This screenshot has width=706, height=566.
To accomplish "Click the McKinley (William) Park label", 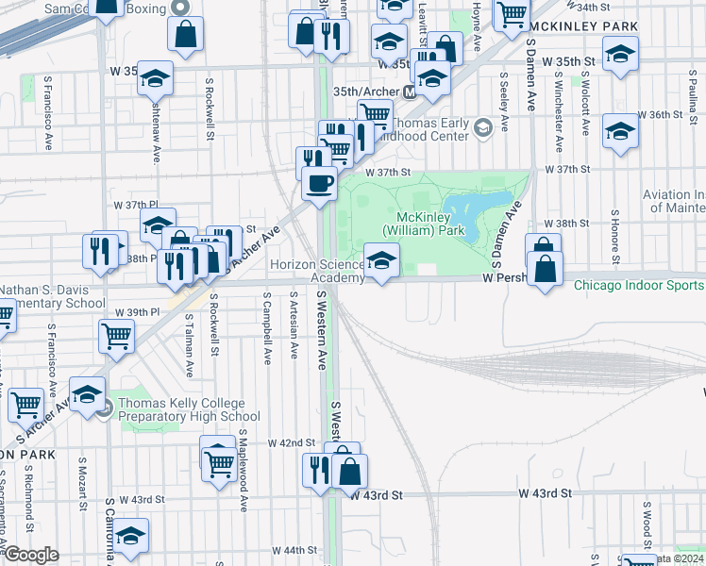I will click(x=424, y=223).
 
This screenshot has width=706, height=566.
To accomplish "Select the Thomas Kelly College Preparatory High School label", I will click(x=189, y=410).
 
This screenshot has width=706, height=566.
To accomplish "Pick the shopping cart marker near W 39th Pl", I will click(x=116, y=336).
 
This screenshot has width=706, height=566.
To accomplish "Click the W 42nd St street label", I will click(x=291, y=442).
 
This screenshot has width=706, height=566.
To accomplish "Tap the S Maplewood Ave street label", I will click(x=243, y=470).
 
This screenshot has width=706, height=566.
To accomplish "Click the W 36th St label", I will click(x=660, y=115).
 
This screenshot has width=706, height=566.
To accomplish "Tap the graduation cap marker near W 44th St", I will click(x=131, y=536).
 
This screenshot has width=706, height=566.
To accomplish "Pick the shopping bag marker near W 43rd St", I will click(x=349, y=470).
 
